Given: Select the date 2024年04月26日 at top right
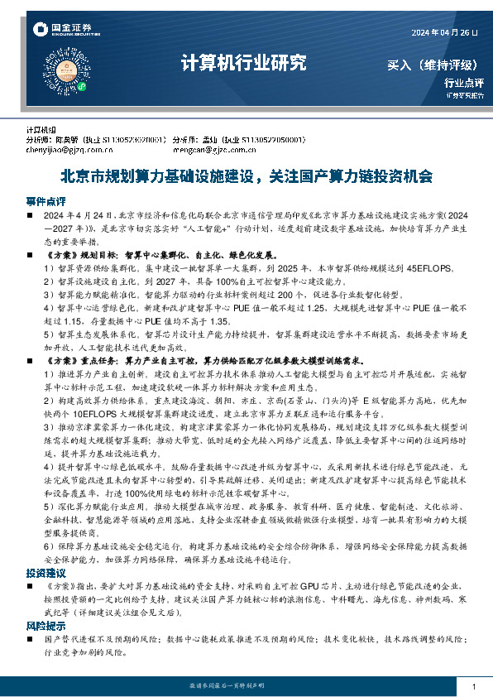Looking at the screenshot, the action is click(x=445, y=32).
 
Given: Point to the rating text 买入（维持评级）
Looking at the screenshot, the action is click(x=434, y=65).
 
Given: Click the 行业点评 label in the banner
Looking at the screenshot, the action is click(x=463, y=82).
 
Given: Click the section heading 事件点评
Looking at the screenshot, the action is click(x=45, y=201).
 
